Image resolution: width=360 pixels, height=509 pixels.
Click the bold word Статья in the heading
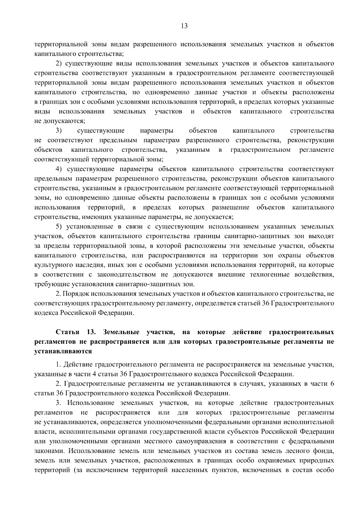67,332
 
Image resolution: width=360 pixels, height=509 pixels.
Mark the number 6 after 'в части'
332,384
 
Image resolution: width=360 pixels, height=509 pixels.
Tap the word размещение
231,208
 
